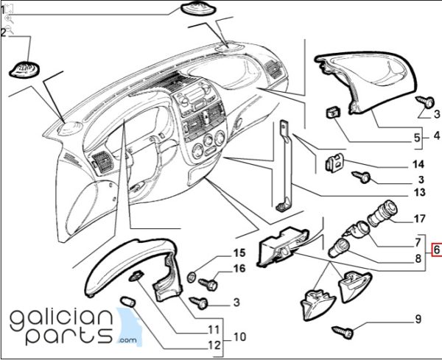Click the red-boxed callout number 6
click(437, 250)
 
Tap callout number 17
click(419, 219)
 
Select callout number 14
click(418, 164)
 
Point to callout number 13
click(419, 192)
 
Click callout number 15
click(239, 253)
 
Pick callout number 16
click(239, 269)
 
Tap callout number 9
click(418, 319)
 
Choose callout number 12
click(214, 345)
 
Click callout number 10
click(239, 336)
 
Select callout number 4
click(437, 135)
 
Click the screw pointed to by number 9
click(343, 331)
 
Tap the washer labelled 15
click(192, 276)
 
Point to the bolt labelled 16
click(208, 284)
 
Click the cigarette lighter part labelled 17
click(382, 213)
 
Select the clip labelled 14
click(334, 163)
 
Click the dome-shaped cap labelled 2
click(24, 70)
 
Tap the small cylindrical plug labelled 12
click(128, 301)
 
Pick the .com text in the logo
click(127, 340)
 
